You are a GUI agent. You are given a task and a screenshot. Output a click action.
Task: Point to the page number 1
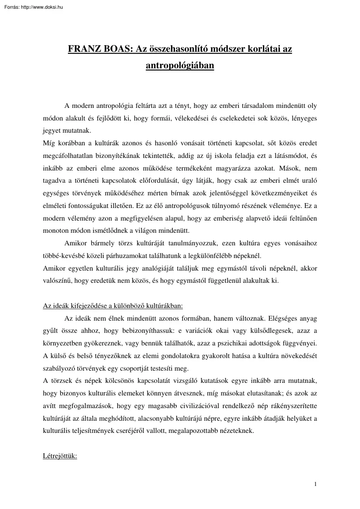coord(315,483)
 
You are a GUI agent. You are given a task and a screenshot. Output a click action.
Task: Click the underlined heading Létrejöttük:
coord(60,457)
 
